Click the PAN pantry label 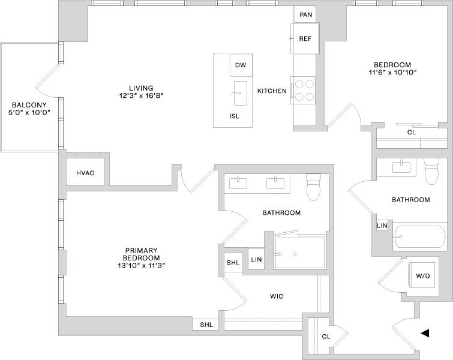pyautogui.click(x=305, y=14)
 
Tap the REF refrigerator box pyautogui.click(x=305, y=38)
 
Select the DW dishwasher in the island pyautogui.click(x=241, y=65)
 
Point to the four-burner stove pyautogui.click(x=304, y=90)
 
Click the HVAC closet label pyautogui.click(x=85, y=173)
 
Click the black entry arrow pyautogui.click(x=425, y=333)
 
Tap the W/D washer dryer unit pyautogui.click(x=422, y=277)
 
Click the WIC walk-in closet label pyautogui.click(x=277, y=296)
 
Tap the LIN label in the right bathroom pyautogui.click(x=382, y=226)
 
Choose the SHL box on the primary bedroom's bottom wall pyautogui.click(x=206, y=325)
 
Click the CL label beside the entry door pyautogui.click(x=326, y=337)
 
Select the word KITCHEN pyautogui.click(x=272, y=91)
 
